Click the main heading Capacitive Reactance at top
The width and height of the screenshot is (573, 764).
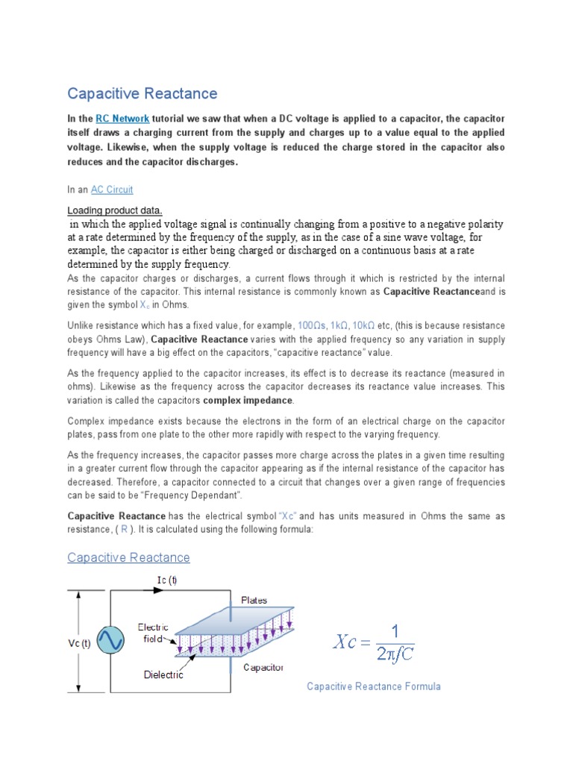[143, 93]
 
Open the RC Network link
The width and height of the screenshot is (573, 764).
[123, 119]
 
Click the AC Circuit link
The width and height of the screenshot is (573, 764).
[112, 190]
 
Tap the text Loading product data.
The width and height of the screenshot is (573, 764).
[115, 210]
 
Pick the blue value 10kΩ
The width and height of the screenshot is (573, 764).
[363, 326]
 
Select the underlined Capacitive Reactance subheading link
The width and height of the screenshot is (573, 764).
[128, 557]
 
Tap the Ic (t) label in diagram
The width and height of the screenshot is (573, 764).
[166, 579]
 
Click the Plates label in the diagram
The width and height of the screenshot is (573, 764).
[254, 599]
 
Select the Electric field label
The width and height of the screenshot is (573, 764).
[153, 633]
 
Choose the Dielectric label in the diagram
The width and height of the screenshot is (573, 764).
[163, 674]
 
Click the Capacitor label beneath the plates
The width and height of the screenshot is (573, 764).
[263, 667]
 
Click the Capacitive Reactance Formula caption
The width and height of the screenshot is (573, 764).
[373, 686]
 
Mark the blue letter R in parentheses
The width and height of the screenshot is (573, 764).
[125, 529]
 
